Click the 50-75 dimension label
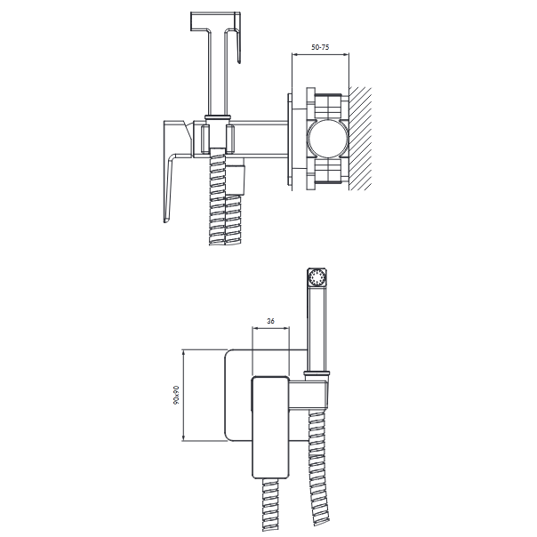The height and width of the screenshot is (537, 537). pyautogui.click(x=320, y=47)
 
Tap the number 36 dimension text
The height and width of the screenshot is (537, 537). pyautogui.click(x=270, y=321)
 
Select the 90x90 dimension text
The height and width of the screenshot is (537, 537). pyautogui.click(x=176, y=395)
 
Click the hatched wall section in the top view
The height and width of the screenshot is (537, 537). pyautogui.click(x=360, y=139)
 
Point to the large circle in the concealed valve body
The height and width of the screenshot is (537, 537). pyautogui.click(x=327, y=139)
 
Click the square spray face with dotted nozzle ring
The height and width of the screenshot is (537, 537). pyautogui.click(x=317, y=277)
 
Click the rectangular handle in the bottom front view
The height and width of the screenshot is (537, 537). pyautogui.click(x=270, y=427)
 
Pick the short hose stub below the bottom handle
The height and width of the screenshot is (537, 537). pyautogui.click(x=270, y=505)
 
